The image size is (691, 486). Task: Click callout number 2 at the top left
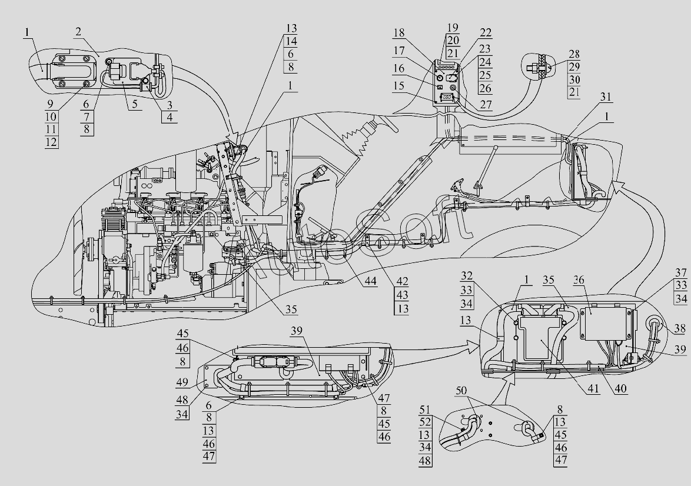click(x=78, y=32)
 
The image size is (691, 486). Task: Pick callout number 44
click(x=370, y=282)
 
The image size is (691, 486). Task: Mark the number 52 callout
click(x=426, y=422)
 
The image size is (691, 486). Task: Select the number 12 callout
click(x=51, y=142)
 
